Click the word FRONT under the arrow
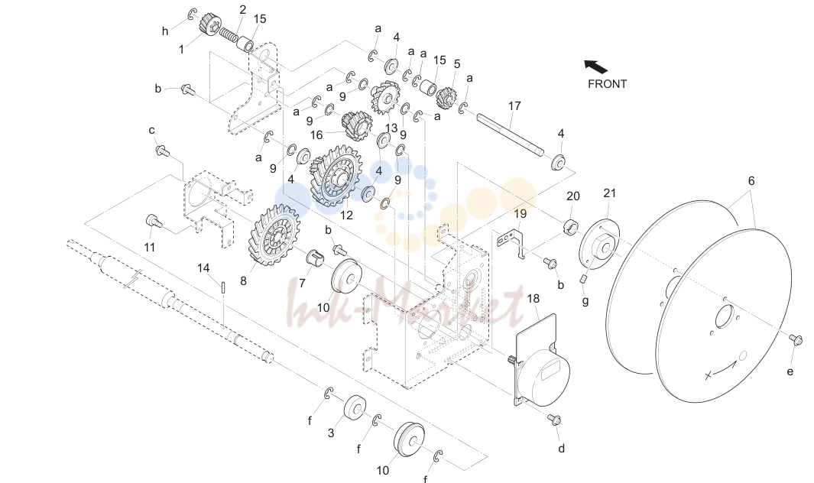(x=607, y=83)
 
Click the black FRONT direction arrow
(x=595, y=66)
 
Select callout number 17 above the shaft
(x=514, y=106)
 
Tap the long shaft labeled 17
(x=511, y=134)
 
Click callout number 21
(x=609, y=193)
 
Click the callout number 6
(x=751, y=180)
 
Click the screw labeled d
(x=554, y=419)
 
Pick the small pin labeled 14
(x=223, y=287)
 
